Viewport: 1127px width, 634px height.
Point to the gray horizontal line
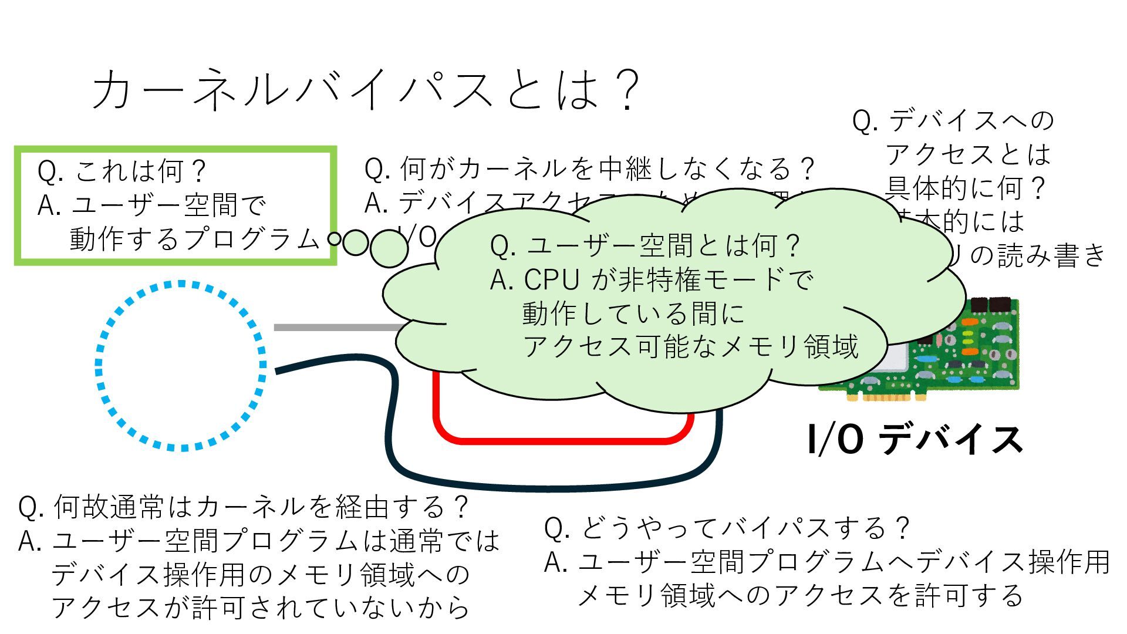coord(335,327)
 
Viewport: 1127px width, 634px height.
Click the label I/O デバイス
coord(915,440)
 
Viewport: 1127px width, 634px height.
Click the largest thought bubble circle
coord(389,248)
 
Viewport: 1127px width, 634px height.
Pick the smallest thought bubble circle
coord(335,240)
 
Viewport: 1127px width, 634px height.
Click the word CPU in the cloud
coord(551,280)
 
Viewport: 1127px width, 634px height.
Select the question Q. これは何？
coord(122,171)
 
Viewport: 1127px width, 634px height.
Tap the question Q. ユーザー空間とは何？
coord(645,246)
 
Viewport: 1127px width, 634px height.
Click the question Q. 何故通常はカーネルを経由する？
coord(244,507)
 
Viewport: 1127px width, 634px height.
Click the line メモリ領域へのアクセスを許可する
coord(801,596)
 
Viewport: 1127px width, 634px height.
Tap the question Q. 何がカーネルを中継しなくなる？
coord(589,169)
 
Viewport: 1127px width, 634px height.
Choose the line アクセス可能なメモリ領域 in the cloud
coord(691,347)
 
